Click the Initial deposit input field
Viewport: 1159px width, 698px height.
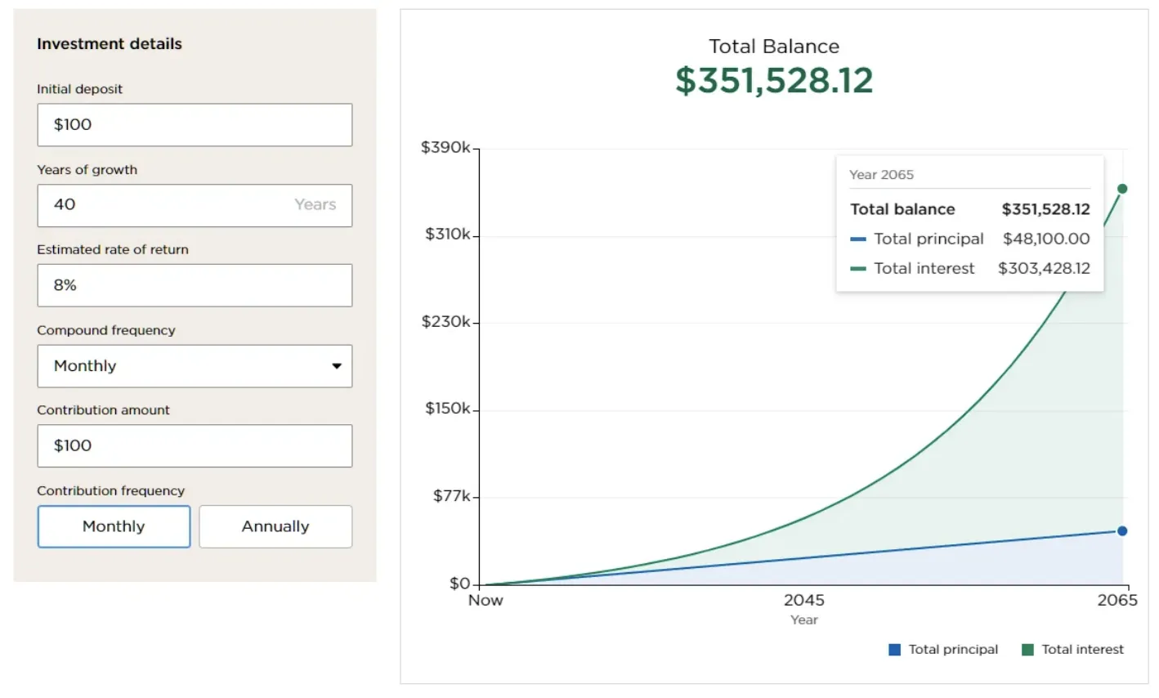point(195,125)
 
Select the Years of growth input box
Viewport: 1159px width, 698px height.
point(195,205)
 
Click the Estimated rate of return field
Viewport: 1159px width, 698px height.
point(195,285)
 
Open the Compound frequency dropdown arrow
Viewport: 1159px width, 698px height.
point(336,366)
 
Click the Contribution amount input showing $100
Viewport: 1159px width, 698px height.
point(195,446)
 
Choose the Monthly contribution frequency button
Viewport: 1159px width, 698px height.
point(114,526)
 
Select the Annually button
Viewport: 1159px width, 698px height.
point(275,526)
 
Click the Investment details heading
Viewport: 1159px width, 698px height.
point(110,44)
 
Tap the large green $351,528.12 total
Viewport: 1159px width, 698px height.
point(774,80)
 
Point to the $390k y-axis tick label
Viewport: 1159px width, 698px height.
point(445,148)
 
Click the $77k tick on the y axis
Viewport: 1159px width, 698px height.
point(451,496)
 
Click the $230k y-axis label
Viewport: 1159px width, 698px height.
point(445,322)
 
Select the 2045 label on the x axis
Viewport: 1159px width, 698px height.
point(804,600)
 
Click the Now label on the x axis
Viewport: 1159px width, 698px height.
point(486,600)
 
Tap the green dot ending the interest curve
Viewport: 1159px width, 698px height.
point(1122,189)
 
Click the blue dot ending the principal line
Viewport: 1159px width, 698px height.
point(1122,531)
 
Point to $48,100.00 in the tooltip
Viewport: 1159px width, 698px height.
point(1046,239)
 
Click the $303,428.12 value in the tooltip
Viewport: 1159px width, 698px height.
point(1044,268)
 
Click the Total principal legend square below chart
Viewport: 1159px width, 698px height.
point(895,650)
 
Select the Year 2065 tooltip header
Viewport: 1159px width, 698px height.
point(881,175)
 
